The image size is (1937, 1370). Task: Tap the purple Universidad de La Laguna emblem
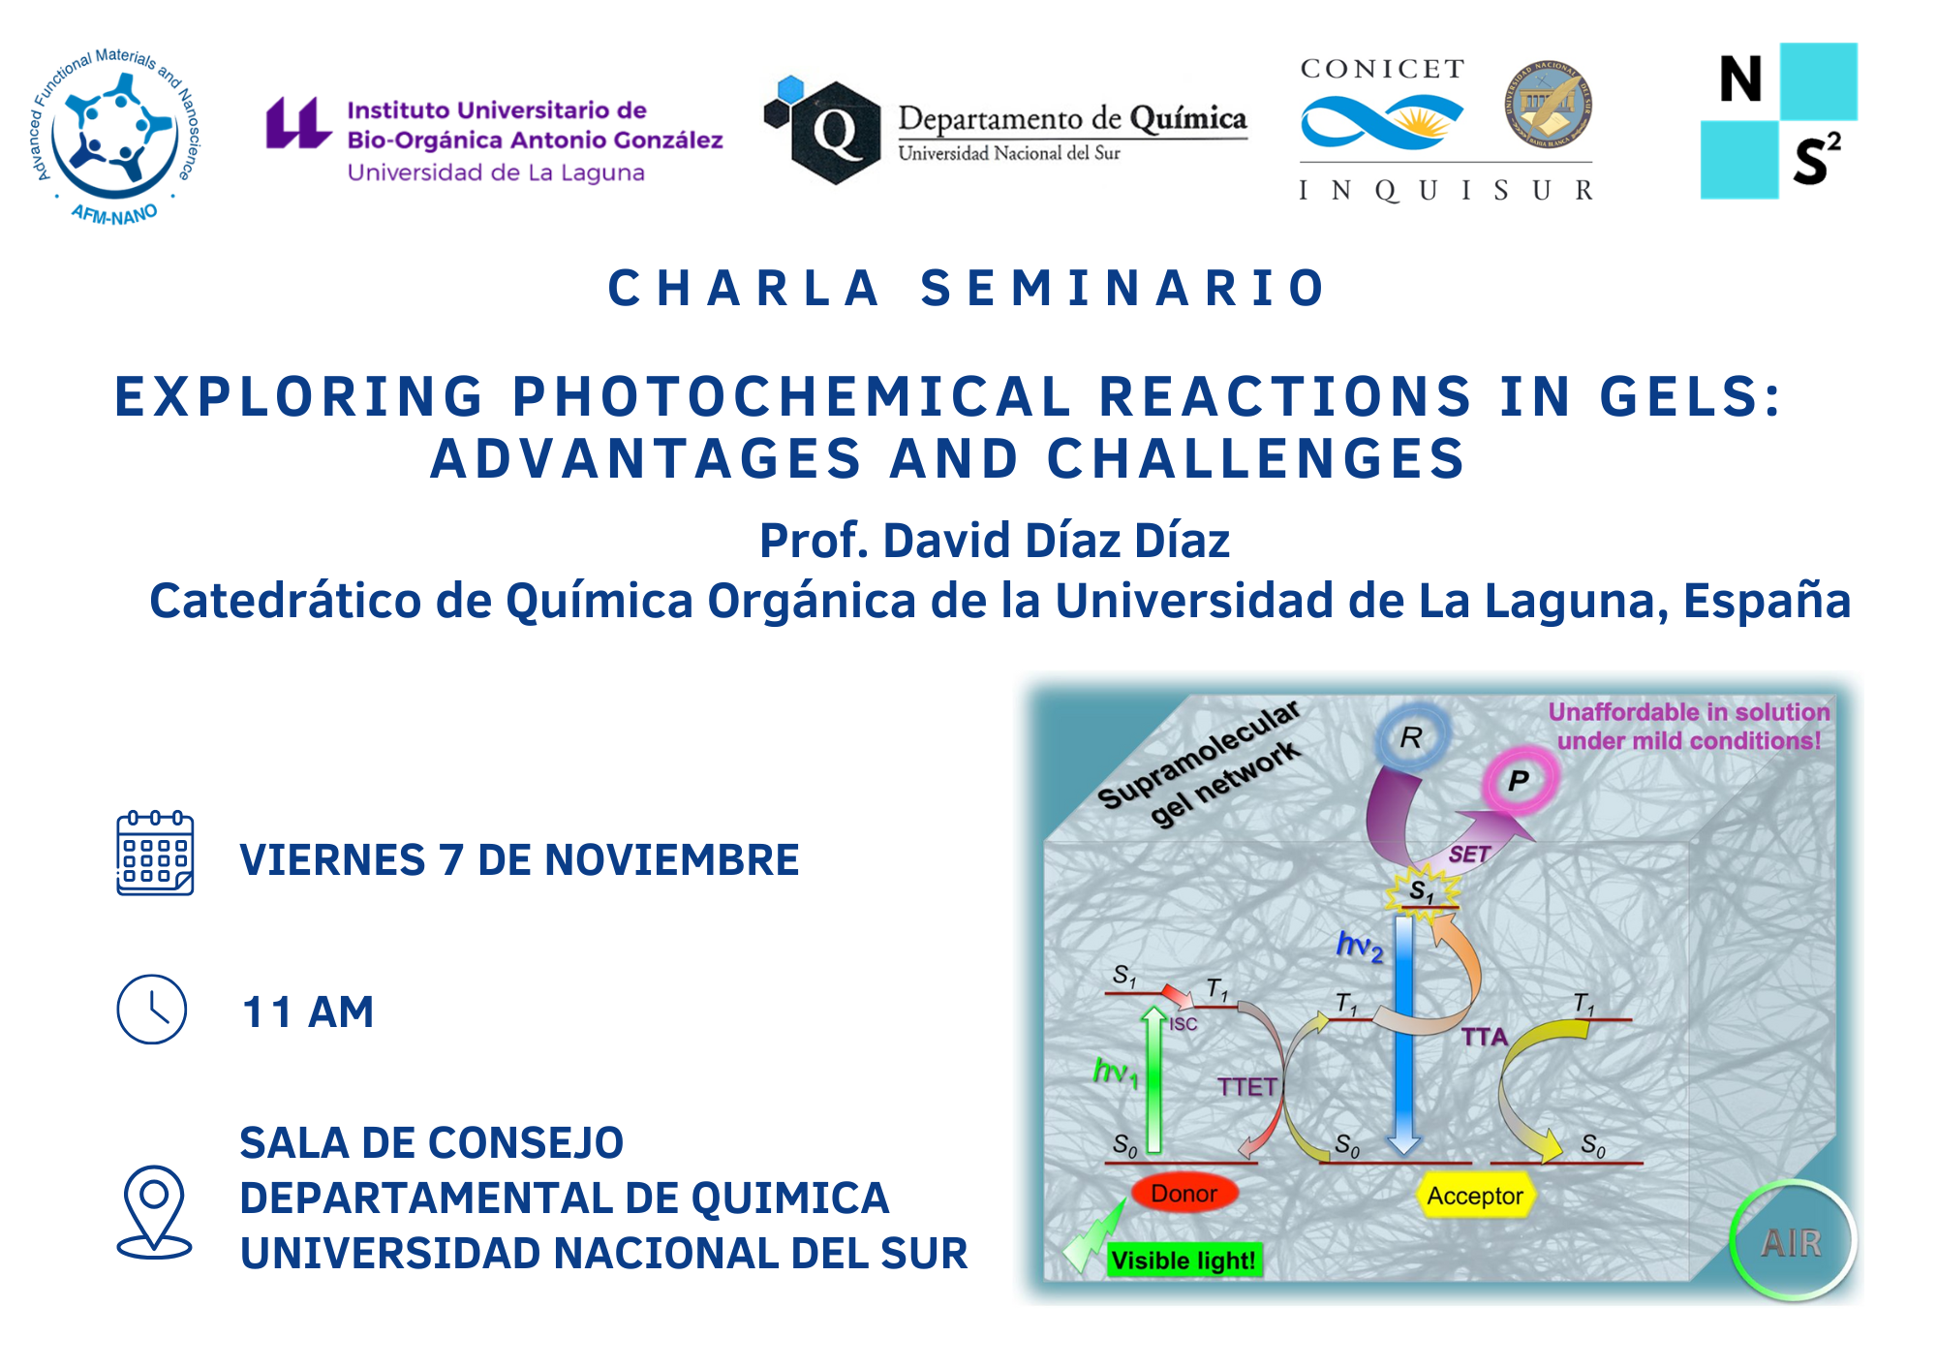click(x=297, y=123)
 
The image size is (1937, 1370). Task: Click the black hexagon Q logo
click(x=835, y=133)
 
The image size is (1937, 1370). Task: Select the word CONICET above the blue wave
click(x=1382, y=69)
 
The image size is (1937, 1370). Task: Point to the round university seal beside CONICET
click(x=1549, y=104)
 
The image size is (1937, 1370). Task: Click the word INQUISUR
click(x=1446, y=190)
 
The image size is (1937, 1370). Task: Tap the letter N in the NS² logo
click(x=1740, y=79)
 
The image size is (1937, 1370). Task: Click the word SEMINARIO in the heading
click(x=1123, y=289)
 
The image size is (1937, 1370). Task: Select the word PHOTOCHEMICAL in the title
click(x=791, y=397)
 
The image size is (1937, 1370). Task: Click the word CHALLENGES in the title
click(x=1256, y=459)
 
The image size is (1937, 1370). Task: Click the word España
click(x=1767, y=601)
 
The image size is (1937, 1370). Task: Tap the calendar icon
click(x=155, y=854)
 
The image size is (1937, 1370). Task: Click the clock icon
click(x=152, y=1010)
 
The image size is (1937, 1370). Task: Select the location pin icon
click(x=154, y=1211)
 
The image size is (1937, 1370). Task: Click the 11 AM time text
click(x=308, y=1012)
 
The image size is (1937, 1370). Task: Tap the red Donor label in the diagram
click(x=1184, y=1194)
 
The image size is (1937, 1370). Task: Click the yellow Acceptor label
click(x=1474, y=1197)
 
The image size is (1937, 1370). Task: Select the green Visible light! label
click(x=1183, y=1261)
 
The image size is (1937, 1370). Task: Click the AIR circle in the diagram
click(x=1792, y=1242)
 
